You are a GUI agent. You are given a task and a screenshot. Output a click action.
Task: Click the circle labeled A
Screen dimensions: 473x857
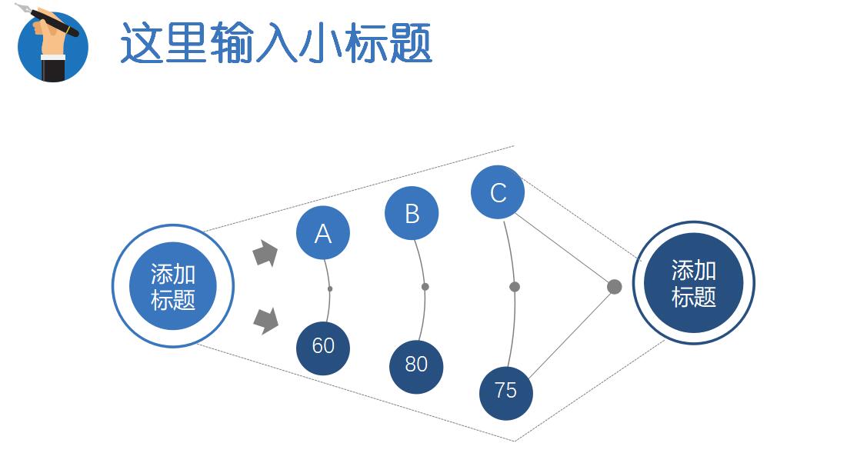coord(323,232)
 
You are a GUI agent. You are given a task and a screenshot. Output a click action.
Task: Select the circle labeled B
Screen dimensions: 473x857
coord(412,213)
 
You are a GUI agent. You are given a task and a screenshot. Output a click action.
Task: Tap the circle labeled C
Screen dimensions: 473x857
coord(498,192)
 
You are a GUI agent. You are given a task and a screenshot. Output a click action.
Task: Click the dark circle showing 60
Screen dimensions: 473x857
coord(323,348)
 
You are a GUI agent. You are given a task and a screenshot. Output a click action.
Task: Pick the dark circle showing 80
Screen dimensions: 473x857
coord(416,366)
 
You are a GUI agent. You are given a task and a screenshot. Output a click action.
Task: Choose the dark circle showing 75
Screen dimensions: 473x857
coord(505,392)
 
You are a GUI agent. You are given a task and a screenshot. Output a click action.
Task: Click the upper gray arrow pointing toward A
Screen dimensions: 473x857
coord(265,253)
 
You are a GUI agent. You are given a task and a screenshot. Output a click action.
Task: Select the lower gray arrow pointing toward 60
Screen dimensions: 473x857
coord(265,320)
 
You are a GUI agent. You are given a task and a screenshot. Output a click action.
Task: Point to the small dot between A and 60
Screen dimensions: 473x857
coord(330,289)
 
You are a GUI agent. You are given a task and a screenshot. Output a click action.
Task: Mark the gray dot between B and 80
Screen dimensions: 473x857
coord(425,287)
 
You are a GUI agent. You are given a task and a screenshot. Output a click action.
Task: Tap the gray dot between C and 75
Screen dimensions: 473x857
coord(515,287)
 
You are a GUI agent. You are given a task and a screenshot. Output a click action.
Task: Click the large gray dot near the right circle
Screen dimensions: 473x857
coord(614,287)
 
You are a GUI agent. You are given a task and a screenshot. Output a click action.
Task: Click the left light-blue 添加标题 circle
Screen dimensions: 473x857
coord(173,286)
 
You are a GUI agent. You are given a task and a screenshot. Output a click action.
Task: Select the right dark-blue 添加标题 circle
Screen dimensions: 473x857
coord(693,283)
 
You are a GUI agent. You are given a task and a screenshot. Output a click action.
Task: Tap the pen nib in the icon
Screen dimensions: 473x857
coord(21,8)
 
